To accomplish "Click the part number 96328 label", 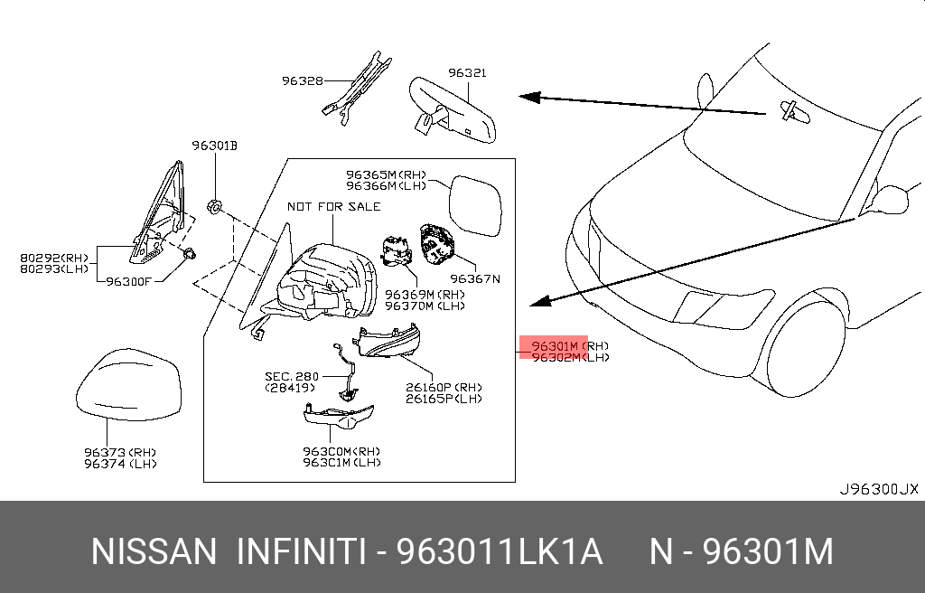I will coord(302,80).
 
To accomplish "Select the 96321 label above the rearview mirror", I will coord(468,72).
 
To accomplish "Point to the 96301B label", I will coord(214,145).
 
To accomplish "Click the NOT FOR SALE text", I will coord(333,206).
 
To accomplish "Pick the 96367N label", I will coord(475,278).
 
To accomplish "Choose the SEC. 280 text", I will coord(290,375).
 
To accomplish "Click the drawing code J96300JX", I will coord(878,489).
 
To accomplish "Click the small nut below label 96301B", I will coord(214,207).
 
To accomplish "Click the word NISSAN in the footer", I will coord(154,551).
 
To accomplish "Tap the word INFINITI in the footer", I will coord(301,551).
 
